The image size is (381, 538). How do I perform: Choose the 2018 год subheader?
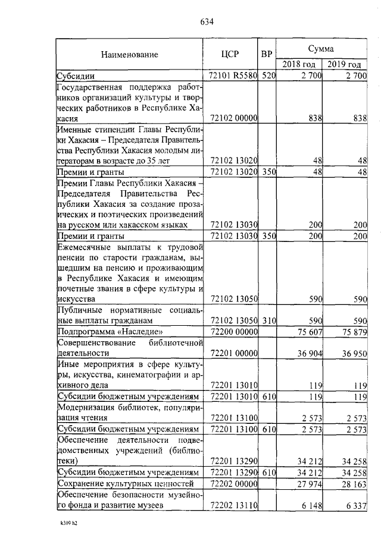299,64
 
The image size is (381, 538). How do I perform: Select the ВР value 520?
268,76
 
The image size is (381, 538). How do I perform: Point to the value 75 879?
351,331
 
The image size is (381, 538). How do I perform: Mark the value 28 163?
351,484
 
